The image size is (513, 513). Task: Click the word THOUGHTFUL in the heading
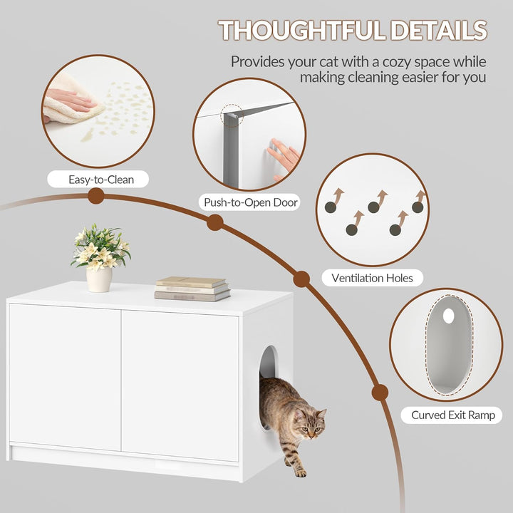301,31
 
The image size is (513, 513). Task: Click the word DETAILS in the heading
439,31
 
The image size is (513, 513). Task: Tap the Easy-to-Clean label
101,180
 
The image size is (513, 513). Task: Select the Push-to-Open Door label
251,202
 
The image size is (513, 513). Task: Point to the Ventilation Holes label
372,278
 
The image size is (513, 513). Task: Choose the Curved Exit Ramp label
453,415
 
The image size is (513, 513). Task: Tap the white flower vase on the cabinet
99,279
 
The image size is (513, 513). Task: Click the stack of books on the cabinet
192,289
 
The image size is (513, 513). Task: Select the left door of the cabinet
65,377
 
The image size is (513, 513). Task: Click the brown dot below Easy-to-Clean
96,196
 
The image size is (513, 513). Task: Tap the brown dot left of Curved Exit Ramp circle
380,393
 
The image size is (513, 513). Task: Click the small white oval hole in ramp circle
448,316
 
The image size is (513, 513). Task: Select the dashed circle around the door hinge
232,115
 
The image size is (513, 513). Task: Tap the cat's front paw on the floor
301,473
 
